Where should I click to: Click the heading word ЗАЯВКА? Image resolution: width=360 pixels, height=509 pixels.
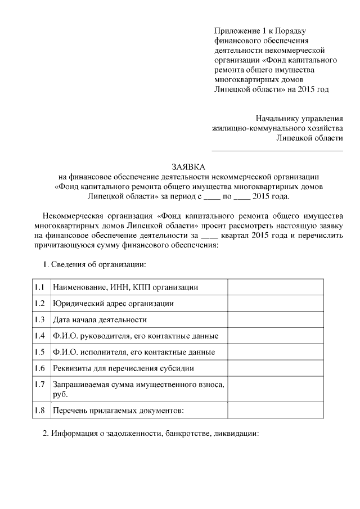click(188, 167)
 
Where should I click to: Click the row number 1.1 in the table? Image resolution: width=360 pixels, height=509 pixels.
click(39, 287)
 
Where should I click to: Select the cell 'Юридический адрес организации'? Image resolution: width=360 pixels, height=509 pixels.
click(113, 304)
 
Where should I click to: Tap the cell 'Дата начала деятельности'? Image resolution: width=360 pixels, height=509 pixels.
click(100, 320)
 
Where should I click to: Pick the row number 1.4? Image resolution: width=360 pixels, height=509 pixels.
click(39, 336)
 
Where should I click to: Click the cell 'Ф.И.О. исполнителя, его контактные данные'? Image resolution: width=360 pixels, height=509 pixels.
click(133, 353)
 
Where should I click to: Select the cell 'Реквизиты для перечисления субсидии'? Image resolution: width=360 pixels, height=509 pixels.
click(123, 369)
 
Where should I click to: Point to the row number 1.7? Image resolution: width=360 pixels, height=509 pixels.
click(39, 385)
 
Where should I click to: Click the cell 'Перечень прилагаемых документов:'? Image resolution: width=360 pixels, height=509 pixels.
click(118, 411)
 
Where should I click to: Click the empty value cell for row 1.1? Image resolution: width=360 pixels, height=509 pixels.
click(276, 287)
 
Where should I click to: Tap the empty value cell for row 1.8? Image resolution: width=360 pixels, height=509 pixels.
click(276, 411)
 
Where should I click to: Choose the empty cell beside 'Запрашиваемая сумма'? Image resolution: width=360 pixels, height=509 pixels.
click(276, 390)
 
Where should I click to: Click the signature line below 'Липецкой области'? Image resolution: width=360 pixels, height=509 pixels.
click(277, 150)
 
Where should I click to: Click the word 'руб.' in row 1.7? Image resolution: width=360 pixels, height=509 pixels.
click(60, 395)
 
